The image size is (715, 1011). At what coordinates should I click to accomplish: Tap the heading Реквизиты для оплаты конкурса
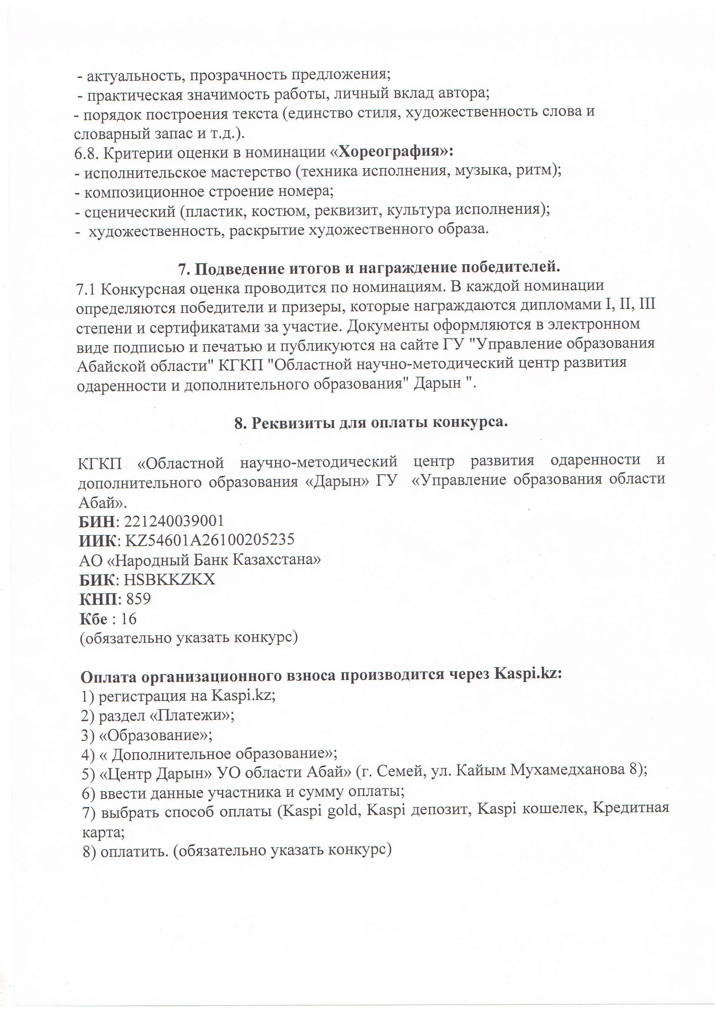(x=371, y=423)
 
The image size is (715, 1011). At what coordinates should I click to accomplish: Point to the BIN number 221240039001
(x=174, y=521)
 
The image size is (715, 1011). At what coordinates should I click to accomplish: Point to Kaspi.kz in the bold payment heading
(x=528, y=676)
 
